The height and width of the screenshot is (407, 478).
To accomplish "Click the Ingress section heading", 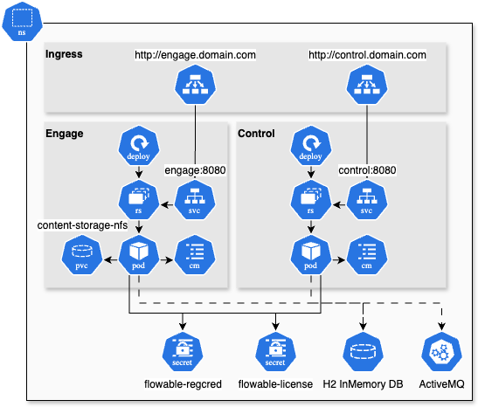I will (x=64, y=54).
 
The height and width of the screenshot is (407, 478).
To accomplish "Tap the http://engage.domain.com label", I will (x=195, y=55).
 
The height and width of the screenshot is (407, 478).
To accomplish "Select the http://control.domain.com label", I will (x=367, y=55).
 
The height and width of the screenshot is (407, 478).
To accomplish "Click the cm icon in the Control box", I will (x=366, y=254).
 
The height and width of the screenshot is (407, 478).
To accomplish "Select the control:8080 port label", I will (x=367, y=170).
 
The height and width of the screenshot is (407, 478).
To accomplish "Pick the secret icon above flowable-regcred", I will (x=180, y=351).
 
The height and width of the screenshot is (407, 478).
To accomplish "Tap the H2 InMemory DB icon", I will (x=363, y=351).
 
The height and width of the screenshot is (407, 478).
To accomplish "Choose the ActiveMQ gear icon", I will (x=441, y=351).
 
